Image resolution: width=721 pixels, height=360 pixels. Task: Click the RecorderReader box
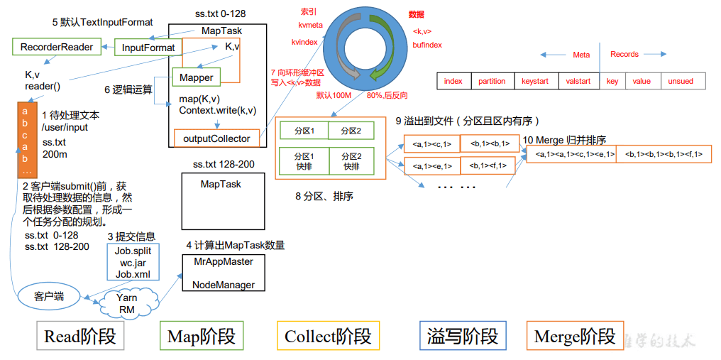[57, 48]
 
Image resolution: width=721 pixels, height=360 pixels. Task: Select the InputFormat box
[148, 48]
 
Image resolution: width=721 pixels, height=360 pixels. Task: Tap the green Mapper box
[197, 77]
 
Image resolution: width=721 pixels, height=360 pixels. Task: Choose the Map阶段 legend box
[202, 336]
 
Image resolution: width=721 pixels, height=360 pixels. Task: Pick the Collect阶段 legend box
[327, 336]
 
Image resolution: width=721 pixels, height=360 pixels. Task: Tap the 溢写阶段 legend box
[463, 336]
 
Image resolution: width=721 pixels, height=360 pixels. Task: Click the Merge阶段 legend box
[574, 336]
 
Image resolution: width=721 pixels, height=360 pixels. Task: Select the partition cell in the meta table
[492, 81]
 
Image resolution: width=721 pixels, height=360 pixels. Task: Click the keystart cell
[535, 81]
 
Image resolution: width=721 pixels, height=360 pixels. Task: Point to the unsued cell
[681, 81]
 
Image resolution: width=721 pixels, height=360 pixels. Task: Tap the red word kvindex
[304, 42]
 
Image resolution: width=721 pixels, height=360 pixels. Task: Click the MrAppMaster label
[224, 261]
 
